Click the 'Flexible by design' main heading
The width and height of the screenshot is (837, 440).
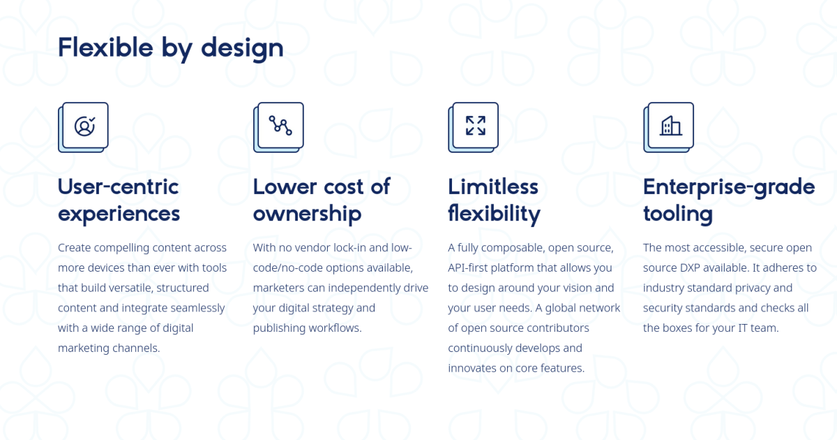point(171,49)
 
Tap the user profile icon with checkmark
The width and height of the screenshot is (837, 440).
point(85,126)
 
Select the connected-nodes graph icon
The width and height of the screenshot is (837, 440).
point(280,125)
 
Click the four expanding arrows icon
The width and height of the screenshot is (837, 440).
point(475,125)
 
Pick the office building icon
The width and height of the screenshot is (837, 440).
point(670,125)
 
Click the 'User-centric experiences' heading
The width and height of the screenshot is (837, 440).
point(119,200)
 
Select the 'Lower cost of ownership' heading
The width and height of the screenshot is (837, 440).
point(322,200)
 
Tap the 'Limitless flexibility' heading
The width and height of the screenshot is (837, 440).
point(494,200)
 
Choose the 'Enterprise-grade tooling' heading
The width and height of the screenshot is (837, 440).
point(729,200)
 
